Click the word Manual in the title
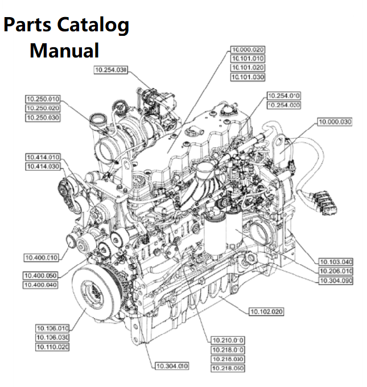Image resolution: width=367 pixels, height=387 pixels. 64,50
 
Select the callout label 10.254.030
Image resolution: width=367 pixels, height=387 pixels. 110,69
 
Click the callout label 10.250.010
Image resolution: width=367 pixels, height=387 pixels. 43,99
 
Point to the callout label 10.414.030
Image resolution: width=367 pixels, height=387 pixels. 43,166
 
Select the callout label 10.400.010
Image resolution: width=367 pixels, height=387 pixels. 41,257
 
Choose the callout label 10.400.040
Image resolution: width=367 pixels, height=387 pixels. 41,284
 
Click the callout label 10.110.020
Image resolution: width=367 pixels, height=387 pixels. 52,347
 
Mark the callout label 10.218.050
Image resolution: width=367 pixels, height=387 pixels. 228,368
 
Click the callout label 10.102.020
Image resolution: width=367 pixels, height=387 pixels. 266,311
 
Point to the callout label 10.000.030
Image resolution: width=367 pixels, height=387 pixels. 335,122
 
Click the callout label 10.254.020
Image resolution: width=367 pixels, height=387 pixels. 283,105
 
